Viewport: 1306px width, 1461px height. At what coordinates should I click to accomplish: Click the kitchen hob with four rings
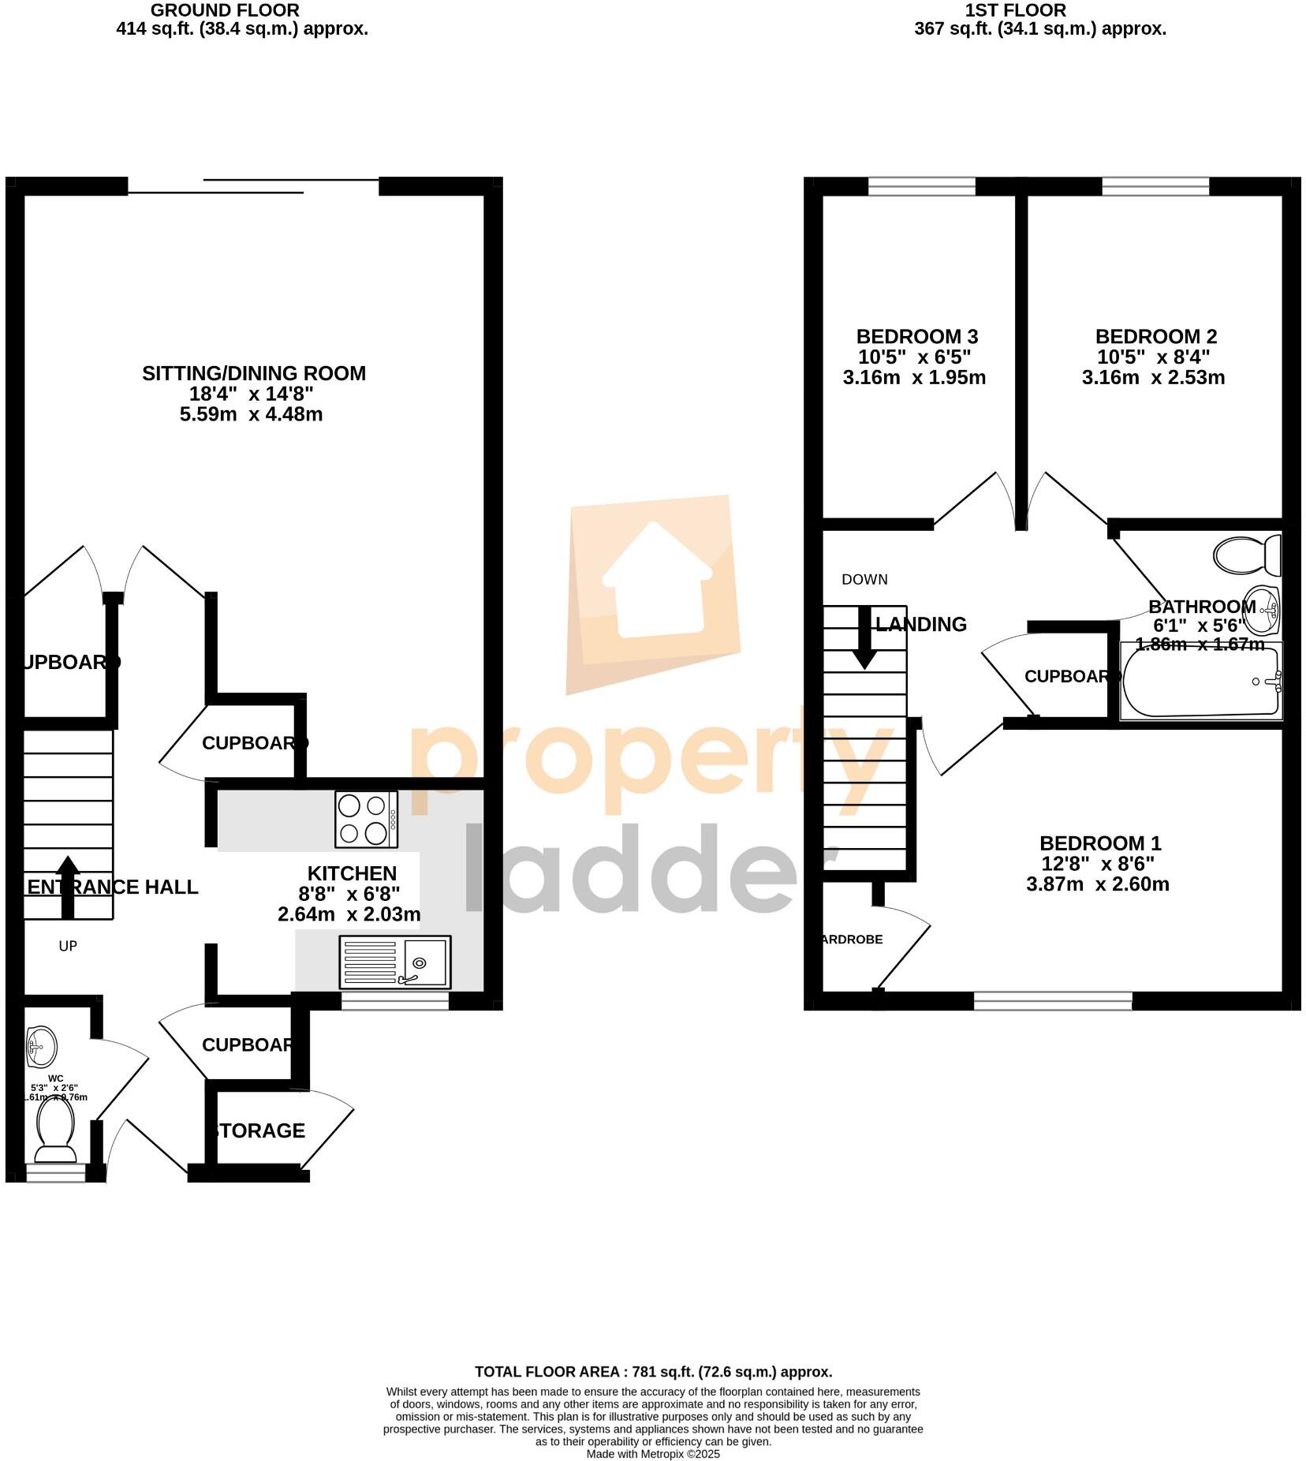coord(366,819)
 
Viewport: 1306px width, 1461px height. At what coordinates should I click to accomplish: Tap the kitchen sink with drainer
coord(394,962)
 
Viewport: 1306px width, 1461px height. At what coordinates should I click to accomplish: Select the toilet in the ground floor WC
coord(55,1130)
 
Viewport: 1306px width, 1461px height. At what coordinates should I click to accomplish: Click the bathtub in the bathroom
coord(1201,682)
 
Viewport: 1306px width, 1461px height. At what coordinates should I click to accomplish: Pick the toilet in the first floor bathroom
coord(1247,555)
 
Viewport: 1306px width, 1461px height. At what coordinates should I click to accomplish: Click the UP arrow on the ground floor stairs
coord(68,887)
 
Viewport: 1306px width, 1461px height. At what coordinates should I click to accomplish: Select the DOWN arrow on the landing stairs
coord(864,637)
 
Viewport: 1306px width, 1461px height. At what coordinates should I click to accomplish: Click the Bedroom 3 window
coord(921,186)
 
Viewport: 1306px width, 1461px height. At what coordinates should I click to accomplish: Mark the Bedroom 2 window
coord(1155,186)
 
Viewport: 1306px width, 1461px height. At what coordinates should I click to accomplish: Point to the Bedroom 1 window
coord(1052,1001)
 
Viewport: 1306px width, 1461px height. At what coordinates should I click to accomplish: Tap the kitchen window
coord(394,1001)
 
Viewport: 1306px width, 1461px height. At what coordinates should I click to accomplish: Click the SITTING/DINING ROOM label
coord(253,373)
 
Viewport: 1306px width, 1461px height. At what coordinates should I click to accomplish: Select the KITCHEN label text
coord(351,873)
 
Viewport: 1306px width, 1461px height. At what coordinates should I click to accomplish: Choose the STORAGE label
coord(259,1130)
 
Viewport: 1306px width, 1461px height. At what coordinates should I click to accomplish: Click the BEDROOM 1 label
coord(1099,843)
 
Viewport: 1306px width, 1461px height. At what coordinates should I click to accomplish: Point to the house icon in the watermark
coord(654,582)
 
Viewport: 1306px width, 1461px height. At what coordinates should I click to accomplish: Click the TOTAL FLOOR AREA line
coord(653,1371)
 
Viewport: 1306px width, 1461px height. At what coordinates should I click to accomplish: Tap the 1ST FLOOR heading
coord(1015,10)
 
